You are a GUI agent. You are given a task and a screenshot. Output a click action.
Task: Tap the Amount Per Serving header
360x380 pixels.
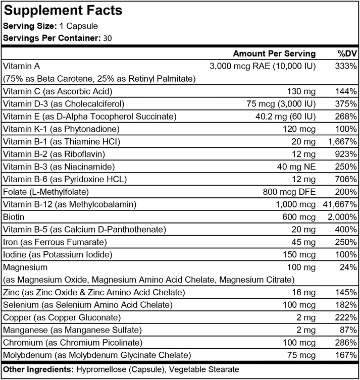(274, 53)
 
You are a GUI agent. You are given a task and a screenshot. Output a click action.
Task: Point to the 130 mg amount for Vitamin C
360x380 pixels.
(301, 91)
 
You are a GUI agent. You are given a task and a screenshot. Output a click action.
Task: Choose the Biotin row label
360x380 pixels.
(14, 217)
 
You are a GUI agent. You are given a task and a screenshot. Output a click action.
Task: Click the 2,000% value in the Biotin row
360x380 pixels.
(343, 217)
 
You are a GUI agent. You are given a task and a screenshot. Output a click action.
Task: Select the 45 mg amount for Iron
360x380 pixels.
(304, 242)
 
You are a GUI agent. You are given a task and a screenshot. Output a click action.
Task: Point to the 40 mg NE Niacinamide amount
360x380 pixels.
(295, 167)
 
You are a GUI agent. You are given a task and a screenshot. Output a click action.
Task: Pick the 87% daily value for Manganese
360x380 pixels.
(348, 330)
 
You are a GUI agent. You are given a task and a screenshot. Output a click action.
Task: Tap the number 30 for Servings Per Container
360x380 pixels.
(108, 38)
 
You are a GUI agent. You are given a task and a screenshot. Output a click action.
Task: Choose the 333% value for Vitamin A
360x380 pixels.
(346, 66)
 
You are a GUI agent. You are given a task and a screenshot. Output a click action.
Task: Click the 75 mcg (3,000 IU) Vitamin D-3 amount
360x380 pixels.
(280, 104)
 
